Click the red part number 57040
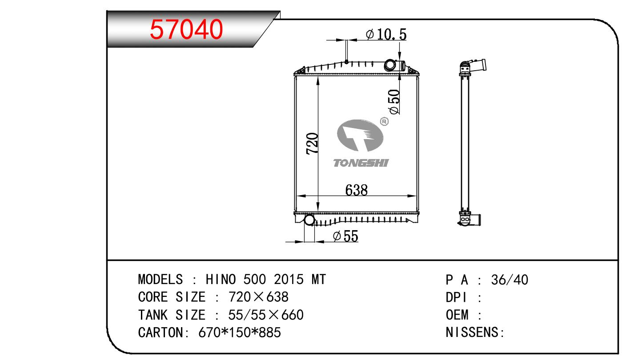coord(186,29)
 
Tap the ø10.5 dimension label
coord(386,34)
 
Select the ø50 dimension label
coord(394,102)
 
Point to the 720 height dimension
coord(312,144)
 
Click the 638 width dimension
coord(356,190)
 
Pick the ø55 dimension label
coord(345,236)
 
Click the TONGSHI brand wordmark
coord(361,163)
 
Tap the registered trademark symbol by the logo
coord(384,121)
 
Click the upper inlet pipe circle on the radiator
coord(389,65)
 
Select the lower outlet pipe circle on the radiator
coord(309,220)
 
